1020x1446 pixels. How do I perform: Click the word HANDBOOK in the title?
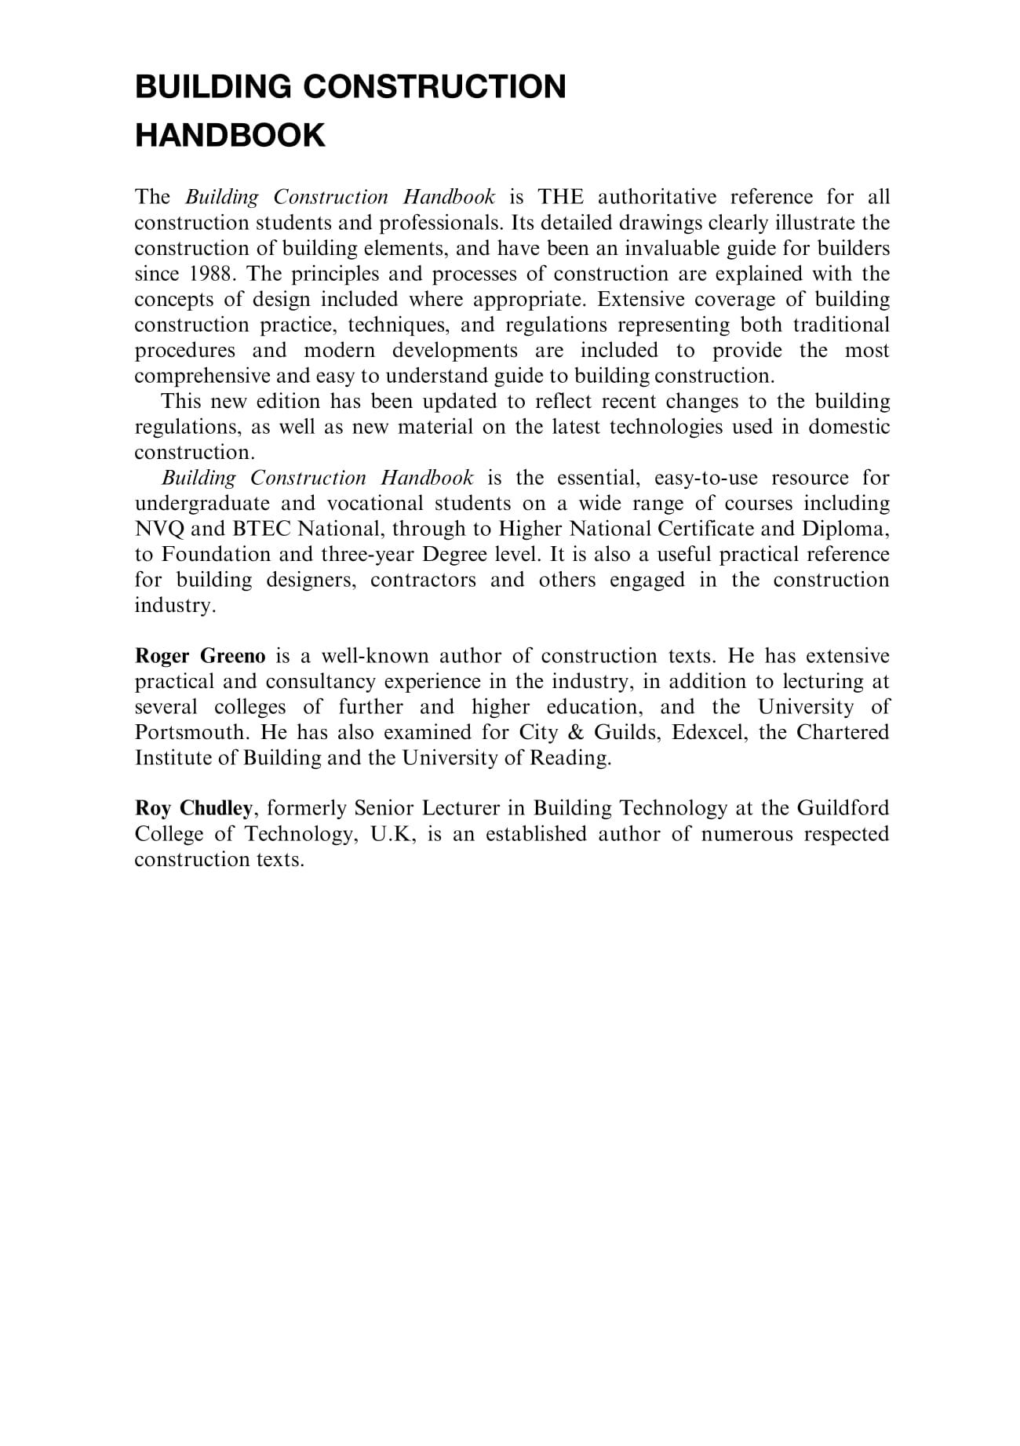[x=230, y=135]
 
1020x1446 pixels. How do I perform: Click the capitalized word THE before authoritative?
[x=560, y=197]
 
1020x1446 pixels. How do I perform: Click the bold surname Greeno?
[x=233, y=656]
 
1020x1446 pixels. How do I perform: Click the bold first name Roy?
[x=153, y=808]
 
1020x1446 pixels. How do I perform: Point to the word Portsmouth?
[x=190, y=733]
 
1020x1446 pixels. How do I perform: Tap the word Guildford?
[x=843, y=808]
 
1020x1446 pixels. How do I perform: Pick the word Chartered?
[x=843, y=733]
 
